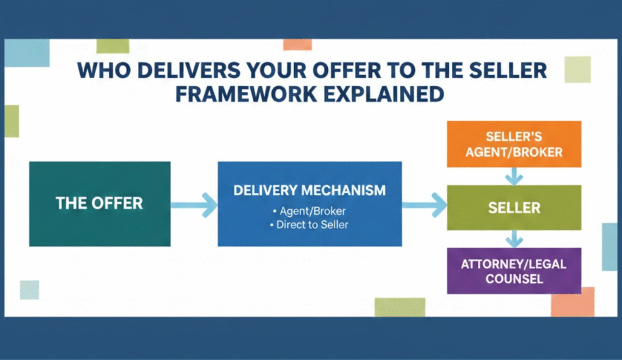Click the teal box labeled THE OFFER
(100, 203)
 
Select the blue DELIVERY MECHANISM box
(309, 203)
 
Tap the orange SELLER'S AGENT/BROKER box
(514, 144)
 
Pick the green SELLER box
(514, 208)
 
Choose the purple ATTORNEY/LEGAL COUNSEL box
(514, 271)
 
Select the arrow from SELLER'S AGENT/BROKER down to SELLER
(514, 176)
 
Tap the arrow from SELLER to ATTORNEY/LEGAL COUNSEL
(514, 239)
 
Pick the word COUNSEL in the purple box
(514, 279)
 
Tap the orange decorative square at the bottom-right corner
(572, 302)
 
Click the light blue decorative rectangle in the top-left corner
(27, 52)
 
